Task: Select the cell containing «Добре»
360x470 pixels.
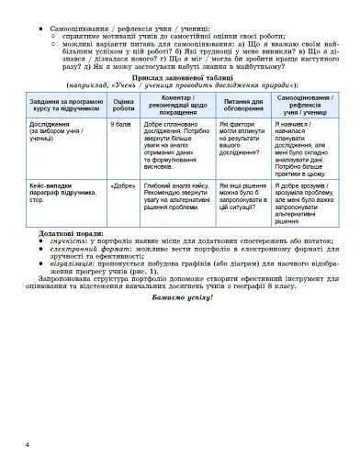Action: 121,185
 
